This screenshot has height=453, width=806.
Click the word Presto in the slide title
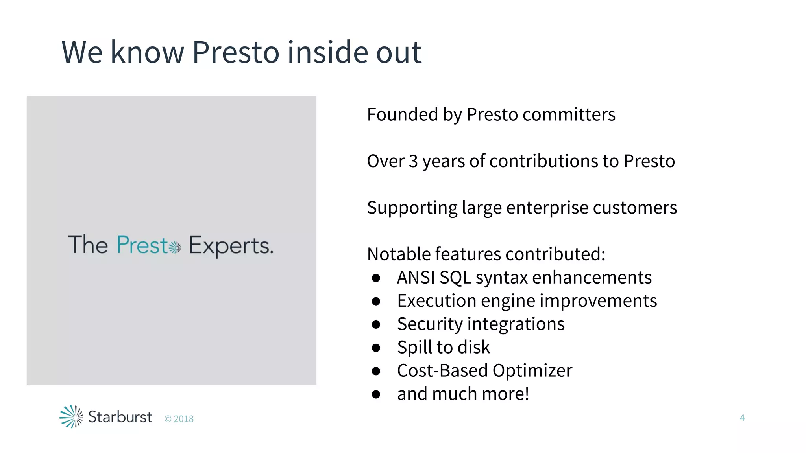coord(235,52)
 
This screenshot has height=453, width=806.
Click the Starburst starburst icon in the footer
coord(71,416)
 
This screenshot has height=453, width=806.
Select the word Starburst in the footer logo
coord(120,417)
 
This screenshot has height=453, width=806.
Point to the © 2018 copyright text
coord(179,419)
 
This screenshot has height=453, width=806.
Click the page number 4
coord(742,418)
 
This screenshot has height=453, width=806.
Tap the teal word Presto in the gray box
coord(143,245)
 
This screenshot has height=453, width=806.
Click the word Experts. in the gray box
coord(231,246)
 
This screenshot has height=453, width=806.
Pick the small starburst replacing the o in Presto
coord(175,247)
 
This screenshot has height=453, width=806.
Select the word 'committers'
coord(569,114)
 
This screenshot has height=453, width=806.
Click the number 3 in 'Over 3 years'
coord(413,161)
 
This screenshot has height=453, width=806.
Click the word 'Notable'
coord(399,254)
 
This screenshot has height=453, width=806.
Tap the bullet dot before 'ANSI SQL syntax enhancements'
coord(376,278)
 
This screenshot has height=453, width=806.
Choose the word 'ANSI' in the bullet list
coord(416,277)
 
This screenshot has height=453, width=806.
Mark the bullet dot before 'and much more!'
coord(376,394)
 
